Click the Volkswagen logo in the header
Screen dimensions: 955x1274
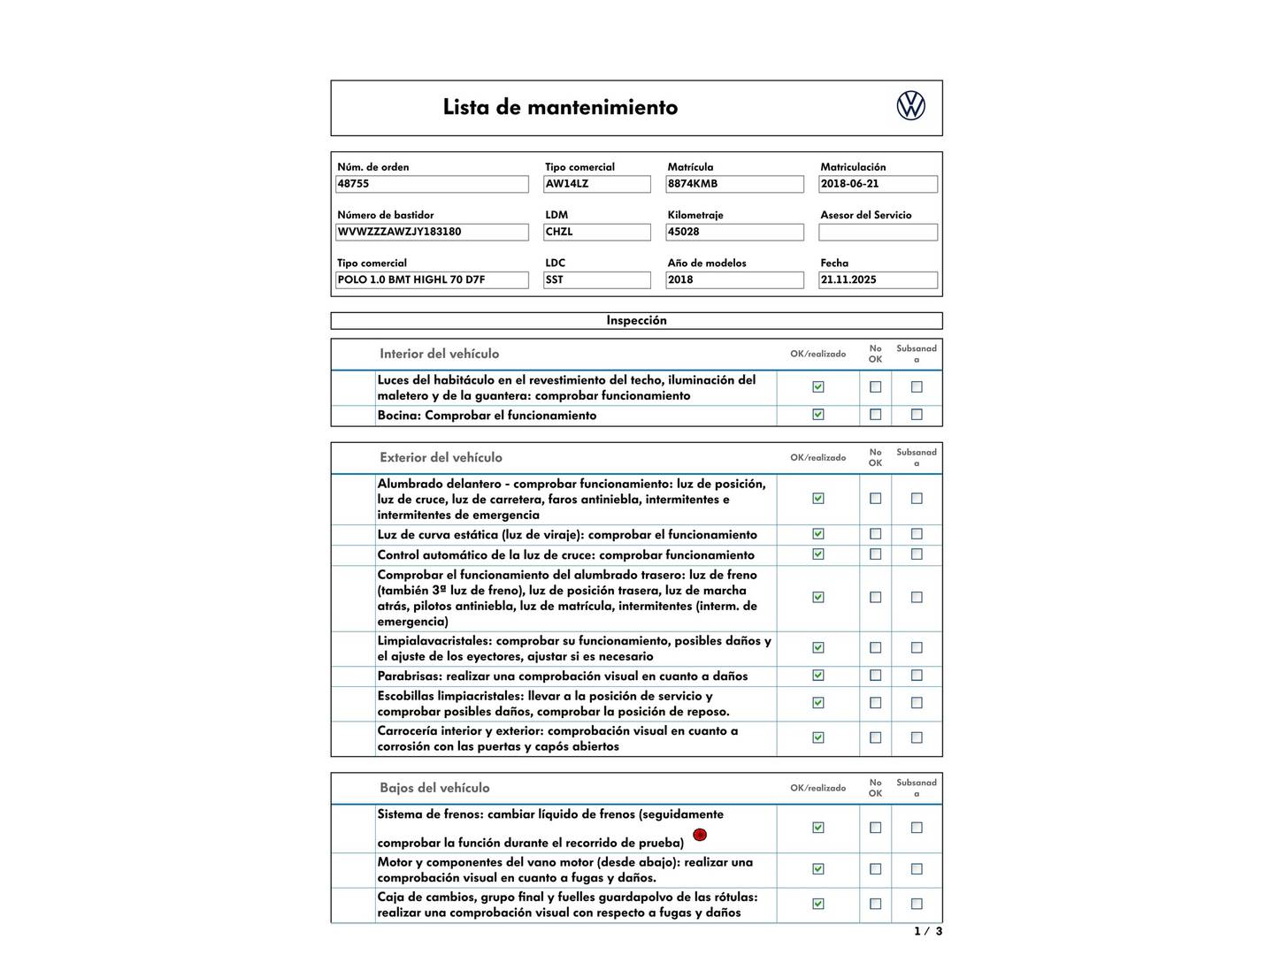(910, 106)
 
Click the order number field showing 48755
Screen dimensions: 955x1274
(432, 184)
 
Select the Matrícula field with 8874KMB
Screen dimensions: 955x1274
(734, 184)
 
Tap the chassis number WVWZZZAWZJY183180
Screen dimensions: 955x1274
(432, 232)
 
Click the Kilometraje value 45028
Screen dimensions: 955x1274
(734, 232)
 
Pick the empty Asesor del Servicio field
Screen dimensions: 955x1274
(878, 233)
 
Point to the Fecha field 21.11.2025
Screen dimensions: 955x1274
(878, 279)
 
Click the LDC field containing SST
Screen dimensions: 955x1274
(597, 279)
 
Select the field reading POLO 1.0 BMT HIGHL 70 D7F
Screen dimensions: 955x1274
(432, 279)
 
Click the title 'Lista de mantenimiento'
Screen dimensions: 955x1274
(560, 108)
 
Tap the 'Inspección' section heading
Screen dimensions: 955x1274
(636, 320)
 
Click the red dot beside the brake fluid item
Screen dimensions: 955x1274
(700, 835)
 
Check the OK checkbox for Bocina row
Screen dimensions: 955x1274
(818, 415)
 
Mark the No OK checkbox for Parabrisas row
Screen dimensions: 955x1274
(875, 676)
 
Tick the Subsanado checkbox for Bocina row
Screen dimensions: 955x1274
(917, 415)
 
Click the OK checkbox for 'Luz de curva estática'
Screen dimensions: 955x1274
(818, 534)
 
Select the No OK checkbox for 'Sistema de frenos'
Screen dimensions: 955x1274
(875, 828)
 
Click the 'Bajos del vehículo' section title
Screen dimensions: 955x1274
(434, 788)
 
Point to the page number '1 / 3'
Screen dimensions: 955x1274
(927, 931)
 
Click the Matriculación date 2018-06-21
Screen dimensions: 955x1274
(878, 184)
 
